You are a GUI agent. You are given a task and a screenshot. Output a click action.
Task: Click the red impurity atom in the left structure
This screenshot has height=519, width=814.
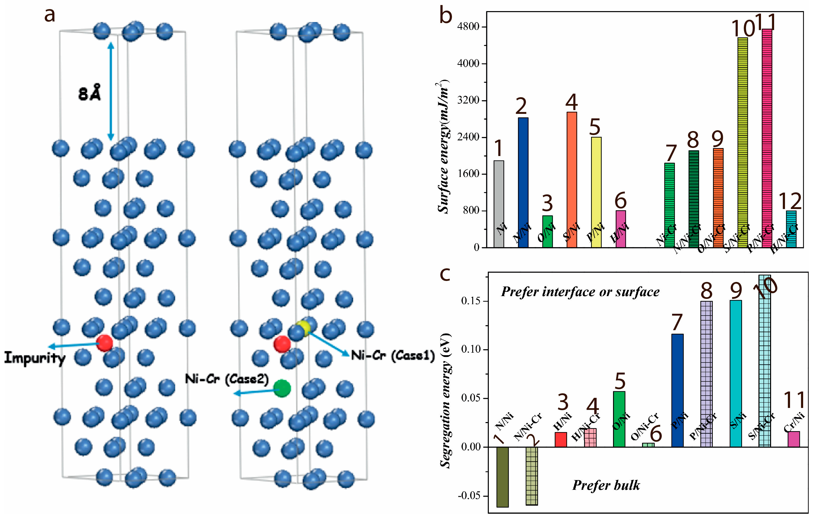(105, 343)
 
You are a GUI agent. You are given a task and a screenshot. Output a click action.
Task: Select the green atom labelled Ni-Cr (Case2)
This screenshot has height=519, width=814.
(282, 388)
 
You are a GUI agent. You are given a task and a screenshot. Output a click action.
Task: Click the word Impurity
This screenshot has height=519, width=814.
(35, 358)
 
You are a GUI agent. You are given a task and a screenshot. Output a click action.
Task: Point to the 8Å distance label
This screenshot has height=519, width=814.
(90, 93)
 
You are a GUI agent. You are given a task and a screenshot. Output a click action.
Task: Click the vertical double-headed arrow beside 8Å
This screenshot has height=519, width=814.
(111, 91)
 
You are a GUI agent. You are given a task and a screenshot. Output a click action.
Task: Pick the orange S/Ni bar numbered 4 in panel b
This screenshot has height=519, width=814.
(572, 179)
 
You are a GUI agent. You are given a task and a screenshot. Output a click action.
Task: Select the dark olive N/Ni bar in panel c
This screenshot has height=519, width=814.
(502, 476)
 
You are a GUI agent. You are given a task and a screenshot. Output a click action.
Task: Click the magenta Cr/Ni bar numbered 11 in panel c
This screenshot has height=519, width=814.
(794, 439)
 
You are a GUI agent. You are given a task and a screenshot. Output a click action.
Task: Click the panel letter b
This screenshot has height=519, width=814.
(446, 16)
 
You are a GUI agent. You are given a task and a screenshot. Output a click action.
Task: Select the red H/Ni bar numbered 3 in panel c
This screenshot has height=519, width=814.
(561, 439)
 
